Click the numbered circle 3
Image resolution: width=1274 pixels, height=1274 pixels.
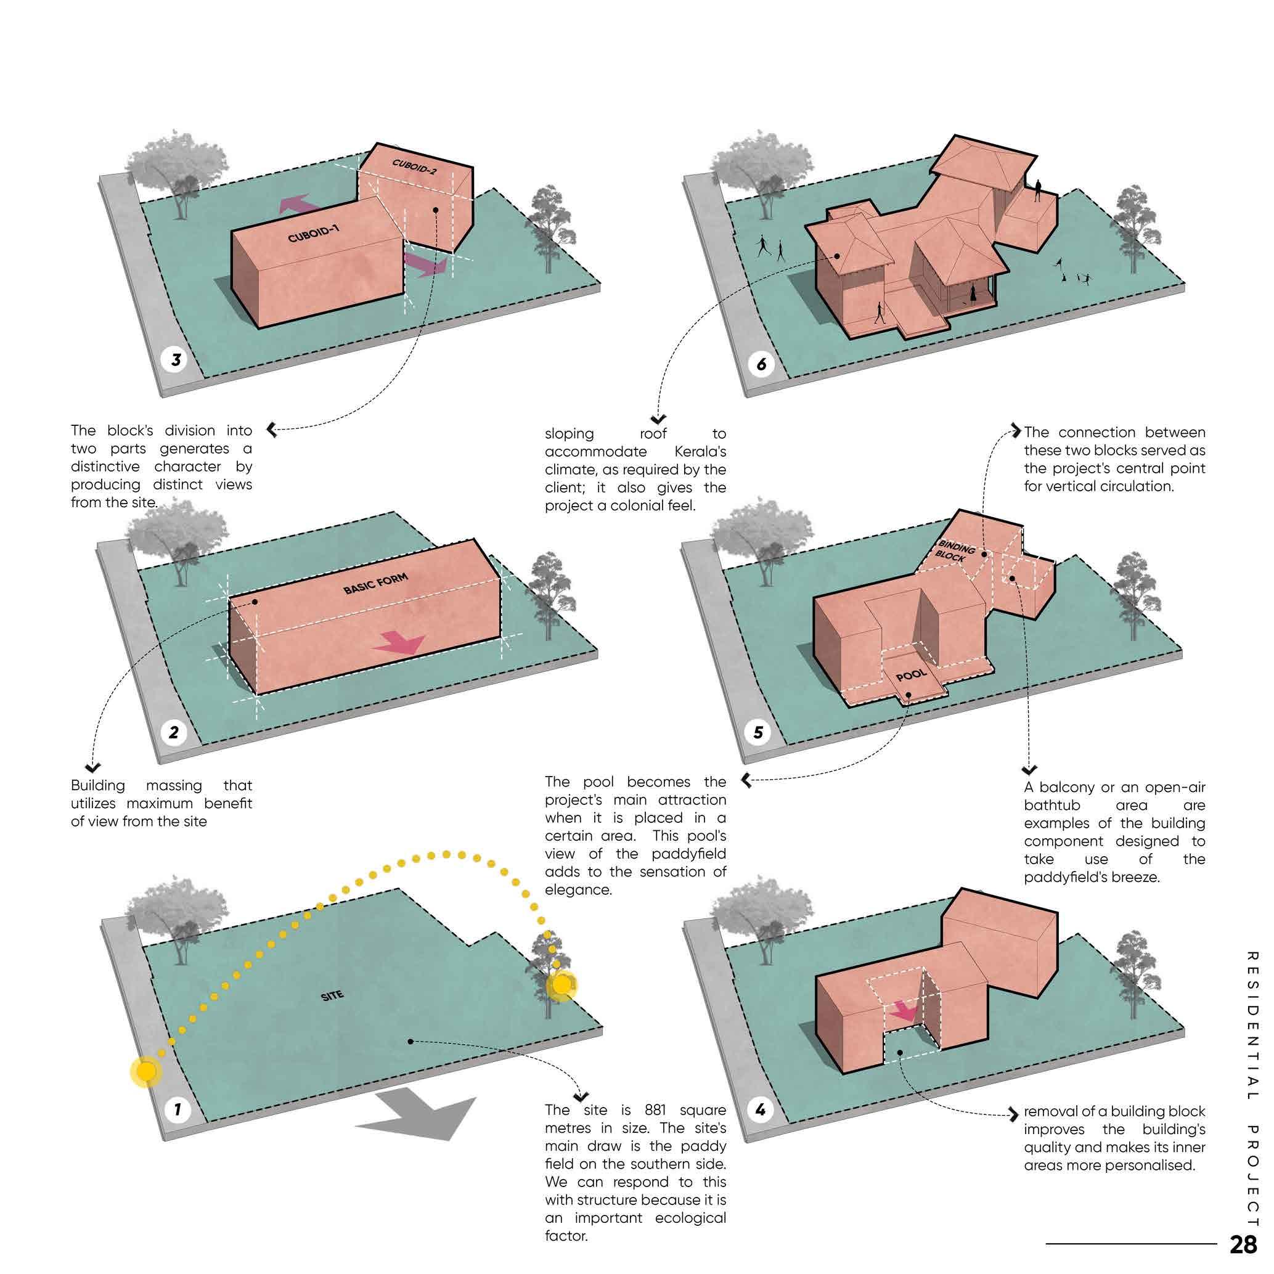[176, 360]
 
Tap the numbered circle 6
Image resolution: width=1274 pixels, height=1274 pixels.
[761, 364]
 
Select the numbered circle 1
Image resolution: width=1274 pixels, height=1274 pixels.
[177, 1109]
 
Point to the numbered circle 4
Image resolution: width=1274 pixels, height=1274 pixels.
[761, 1110]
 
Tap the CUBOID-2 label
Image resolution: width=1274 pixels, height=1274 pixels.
[414, 166]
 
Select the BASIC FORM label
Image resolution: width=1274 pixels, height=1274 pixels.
[376, 584]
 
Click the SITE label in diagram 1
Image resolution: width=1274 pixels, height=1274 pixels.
[332, 996]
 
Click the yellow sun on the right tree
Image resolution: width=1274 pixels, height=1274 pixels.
[561, 985]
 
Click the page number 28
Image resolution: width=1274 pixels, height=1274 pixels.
[1243, 1244]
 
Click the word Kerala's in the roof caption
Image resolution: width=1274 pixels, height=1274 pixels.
[700, 452]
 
